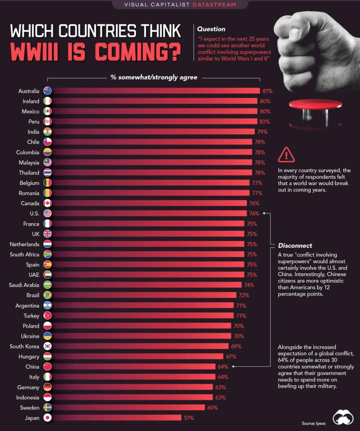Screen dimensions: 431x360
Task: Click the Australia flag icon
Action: pos(48,91)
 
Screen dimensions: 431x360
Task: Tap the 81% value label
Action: pos(267,91)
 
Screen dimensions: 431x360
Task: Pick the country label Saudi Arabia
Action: pos(24,285)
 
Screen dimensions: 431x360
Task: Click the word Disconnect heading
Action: pos(295,245)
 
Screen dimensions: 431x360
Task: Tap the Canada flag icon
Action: pos(48,203)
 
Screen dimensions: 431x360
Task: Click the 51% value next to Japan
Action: pos(188,418)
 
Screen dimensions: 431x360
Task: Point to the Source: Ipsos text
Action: pos(312,423)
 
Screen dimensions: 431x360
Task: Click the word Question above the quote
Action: pos(211,29)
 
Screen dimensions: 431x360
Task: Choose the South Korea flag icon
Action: pos(48,346)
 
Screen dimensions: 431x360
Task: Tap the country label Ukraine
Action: pos(30,336)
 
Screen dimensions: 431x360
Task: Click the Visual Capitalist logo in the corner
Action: pos(343,417)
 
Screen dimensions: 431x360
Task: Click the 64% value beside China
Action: pos(223,367)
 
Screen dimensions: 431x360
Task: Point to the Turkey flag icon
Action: pos(48,316)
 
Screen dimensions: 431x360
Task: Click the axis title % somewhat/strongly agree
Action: pos(154,77)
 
